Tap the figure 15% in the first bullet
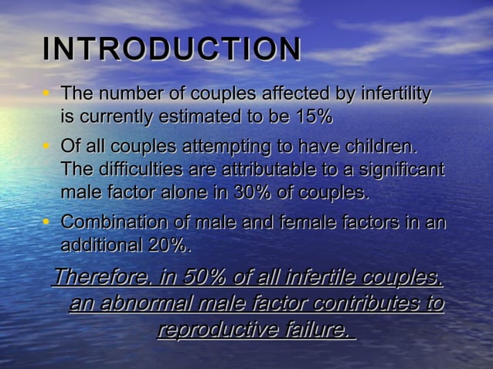coord(313,117)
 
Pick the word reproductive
coord(219,330)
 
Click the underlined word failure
coord(317,330)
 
